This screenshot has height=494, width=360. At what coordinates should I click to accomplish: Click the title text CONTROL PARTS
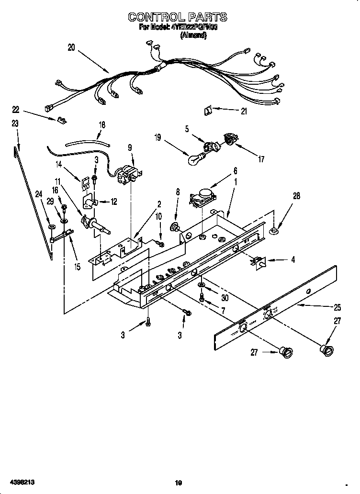(x=178, y=17)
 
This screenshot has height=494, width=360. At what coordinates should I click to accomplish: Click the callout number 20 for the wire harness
(x=71, y=47)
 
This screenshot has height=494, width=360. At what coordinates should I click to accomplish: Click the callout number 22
(x=15, y=109)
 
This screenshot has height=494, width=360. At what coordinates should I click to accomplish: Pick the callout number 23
(x=15, y=123)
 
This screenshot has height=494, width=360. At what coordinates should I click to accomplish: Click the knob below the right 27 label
(x=327, y=349)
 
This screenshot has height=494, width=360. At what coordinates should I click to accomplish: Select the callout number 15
(x=77, y=267)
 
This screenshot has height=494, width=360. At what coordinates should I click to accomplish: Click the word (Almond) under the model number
(x=193, y=36)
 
